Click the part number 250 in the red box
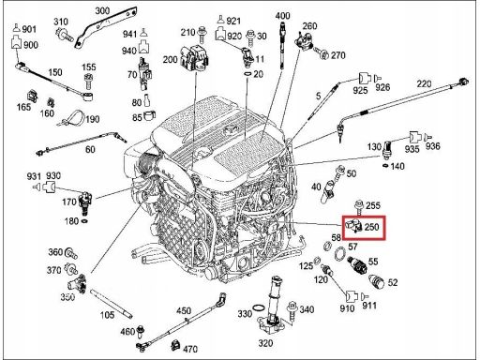tap(371, 227)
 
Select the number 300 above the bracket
tap(102, 10)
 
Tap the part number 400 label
tap(282, 16)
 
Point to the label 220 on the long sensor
tap(424, 83)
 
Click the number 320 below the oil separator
tap(265, 343)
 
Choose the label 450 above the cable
tap(184, 310)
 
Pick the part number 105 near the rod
tap(107, 315)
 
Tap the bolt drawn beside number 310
tap(64, 35)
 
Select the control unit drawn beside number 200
tap(195, 58)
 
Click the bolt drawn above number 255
tap(359, 207)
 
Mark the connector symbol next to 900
tap(16, 42)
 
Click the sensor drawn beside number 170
tap(84, 202)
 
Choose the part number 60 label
tap(90, 149)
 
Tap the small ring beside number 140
tap(386, 165)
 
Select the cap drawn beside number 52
tap(377, 281)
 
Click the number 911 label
tap(369, 306)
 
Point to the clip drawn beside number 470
tap(175, 345)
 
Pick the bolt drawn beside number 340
tap(292, 311)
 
